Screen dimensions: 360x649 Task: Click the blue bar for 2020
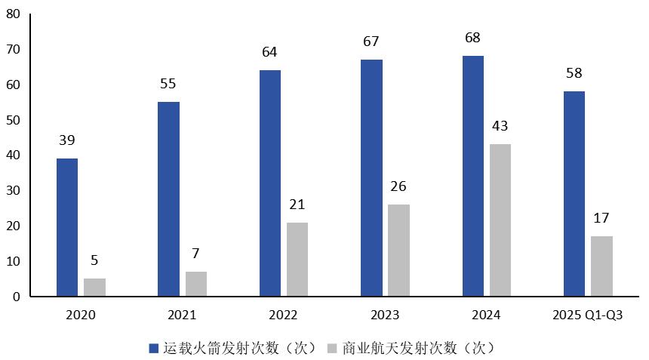[67, 227]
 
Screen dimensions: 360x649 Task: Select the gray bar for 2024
[500, 220]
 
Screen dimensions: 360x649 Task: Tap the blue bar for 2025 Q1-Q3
[574, 194]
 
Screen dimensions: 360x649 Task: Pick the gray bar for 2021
[196, 284]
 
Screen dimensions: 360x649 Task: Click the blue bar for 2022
[270, 183]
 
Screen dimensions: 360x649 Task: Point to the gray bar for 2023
[399, 250]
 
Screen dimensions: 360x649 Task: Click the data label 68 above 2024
[473, 38]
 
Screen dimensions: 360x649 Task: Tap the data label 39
[67, 140]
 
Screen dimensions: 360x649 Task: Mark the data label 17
[601, 219]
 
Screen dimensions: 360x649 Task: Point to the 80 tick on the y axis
[14, 14]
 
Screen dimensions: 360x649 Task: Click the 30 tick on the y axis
[14, 191]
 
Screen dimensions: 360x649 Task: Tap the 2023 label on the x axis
[385, 315]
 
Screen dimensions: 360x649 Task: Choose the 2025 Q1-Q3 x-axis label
[588, 315]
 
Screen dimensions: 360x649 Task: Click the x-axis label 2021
[182, 315]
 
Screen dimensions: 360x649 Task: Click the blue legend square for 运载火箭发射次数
[154, 348]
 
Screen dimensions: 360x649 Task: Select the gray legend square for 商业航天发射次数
[332, 348]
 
